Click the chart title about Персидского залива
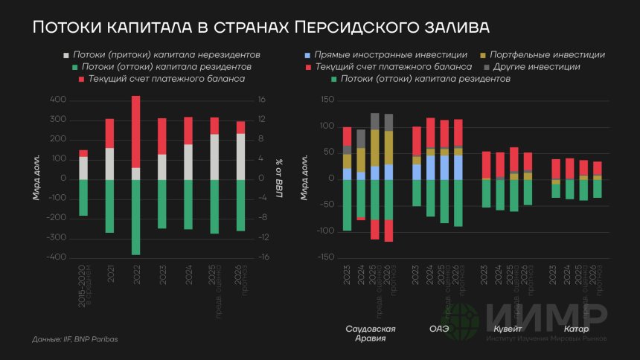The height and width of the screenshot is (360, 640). (x=260, y=28)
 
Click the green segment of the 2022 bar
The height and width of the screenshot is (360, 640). (x=135, y=216)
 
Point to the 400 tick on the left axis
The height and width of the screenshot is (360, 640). (x=58, y=100)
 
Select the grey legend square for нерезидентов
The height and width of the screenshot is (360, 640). (x=67, y=55)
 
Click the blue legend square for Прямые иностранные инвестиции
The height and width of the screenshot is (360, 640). (x=308, y=55)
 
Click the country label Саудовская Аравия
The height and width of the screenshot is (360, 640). (x=371, y=333)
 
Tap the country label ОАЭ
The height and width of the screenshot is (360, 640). (x=439, y=329)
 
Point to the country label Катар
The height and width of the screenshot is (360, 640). (x=576, y=329)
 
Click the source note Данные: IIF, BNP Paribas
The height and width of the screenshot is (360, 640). (x=75, y=339)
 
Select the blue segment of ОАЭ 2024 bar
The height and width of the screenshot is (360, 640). (x=431, y=167)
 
